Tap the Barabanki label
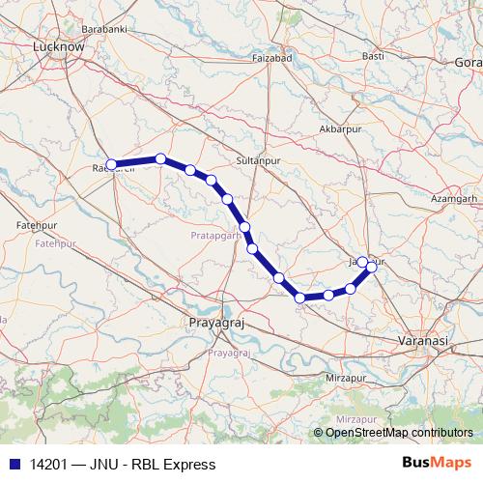pyautogui.click(x=104, y=30)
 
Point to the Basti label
pyautogui.click(x=373, y=56)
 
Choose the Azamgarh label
pyautogui.click(x=456, y=198)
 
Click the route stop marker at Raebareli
pyautogui.click(x=111, y=164)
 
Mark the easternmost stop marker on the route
pyautogui.click(x=371, y=267)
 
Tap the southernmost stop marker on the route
pyautogui.click(x=300, y=298)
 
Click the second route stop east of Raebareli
pyautogui.click(x=190, y=170)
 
